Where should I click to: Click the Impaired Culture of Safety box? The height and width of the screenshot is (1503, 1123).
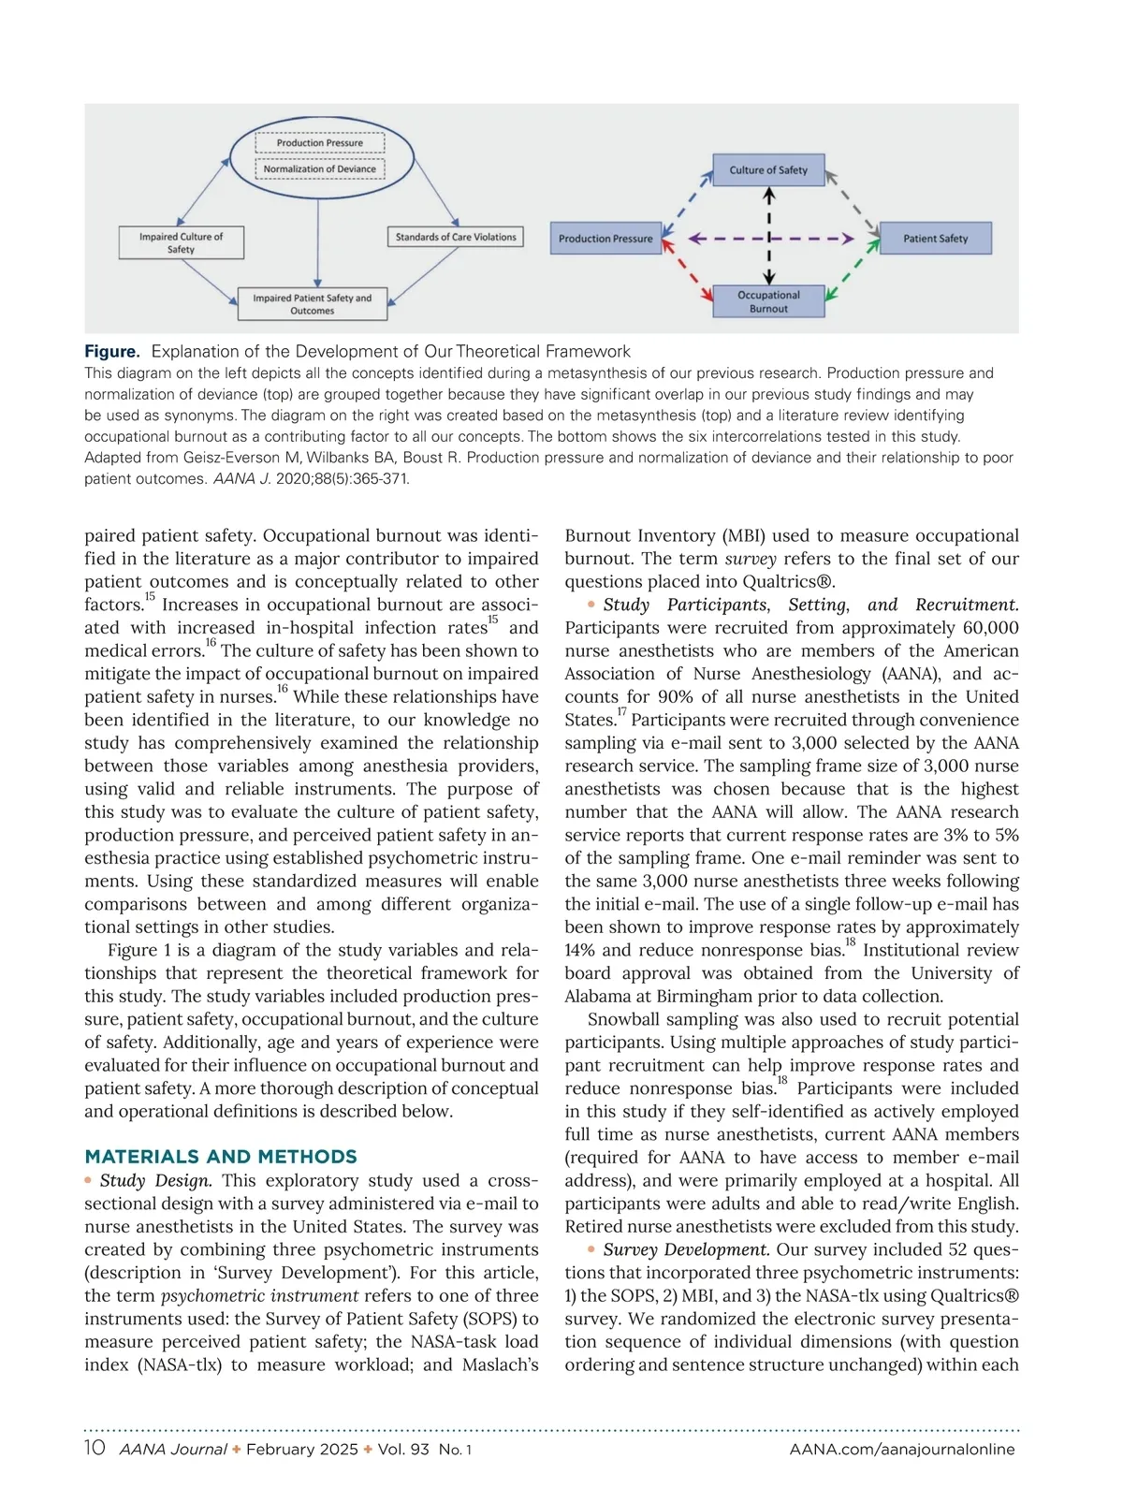181,242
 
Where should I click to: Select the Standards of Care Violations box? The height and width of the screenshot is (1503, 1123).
455,237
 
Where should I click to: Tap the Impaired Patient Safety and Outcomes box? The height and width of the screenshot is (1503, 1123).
312,304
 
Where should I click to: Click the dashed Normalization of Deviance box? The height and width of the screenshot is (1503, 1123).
319,169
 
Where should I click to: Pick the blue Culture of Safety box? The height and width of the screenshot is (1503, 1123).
768,170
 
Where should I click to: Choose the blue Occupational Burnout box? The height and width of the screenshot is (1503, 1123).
768,301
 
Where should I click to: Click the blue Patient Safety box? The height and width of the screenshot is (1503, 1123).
935,239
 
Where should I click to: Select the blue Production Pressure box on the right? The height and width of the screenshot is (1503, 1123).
605,239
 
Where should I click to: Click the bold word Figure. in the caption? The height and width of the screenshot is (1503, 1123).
112,352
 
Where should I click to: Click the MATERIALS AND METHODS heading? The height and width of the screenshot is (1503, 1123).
221,1157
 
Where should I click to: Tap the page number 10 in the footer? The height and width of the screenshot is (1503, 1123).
95,1448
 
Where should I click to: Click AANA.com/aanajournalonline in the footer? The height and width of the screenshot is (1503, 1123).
902,1449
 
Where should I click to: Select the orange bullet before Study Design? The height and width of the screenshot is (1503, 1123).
88,1180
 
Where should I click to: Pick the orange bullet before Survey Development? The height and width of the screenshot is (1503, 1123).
591,1249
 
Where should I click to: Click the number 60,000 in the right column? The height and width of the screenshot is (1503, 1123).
980,628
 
